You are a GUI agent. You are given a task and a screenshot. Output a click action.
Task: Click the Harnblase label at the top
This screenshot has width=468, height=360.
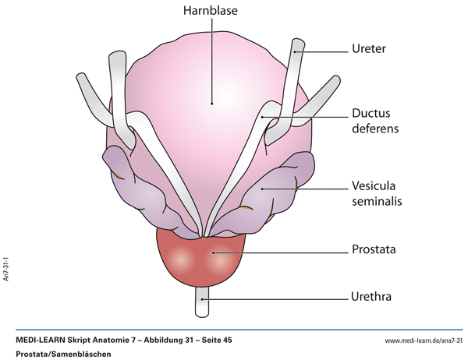210,12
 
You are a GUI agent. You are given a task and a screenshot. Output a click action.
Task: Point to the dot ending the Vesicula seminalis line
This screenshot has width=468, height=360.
262,188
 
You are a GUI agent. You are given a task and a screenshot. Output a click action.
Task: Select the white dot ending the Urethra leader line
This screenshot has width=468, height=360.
204,297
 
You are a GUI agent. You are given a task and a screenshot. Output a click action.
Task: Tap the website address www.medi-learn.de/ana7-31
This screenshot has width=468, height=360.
423,341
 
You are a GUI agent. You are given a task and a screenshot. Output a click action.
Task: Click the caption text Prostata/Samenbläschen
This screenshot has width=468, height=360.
62,354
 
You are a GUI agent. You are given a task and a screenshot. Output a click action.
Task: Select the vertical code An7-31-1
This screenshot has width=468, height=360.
7,267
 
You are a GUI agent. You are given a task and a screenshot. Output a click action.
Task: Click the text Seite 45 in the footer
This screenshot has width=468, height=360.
212,341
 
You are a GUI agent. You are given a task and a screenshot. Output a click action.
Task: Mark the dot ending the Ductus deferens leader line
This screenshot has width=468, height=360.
265,117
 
